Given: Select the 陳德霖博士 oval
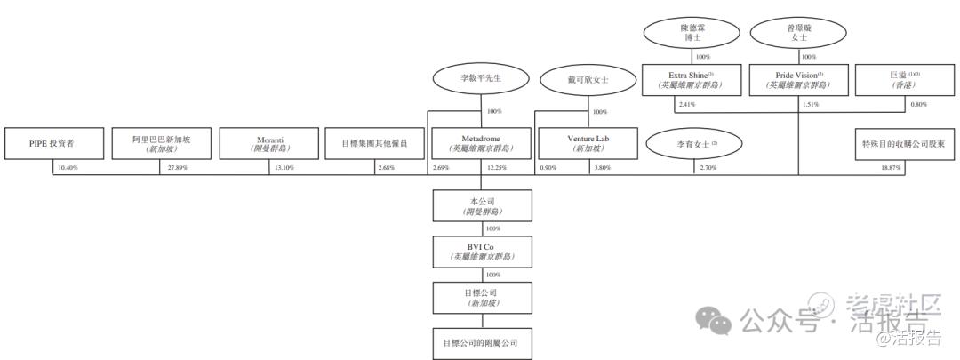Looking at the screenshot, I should (x=691, y=34).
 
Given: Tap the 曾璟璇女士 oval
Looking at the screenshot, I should (x=797, y=34).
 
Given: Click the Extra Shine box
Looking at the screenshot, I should (x=691, y=80).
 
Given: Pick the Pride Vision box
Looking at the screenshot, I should (x=797, y=80).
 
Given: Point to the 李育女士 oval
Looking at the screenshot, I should (x=694, y=143).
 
